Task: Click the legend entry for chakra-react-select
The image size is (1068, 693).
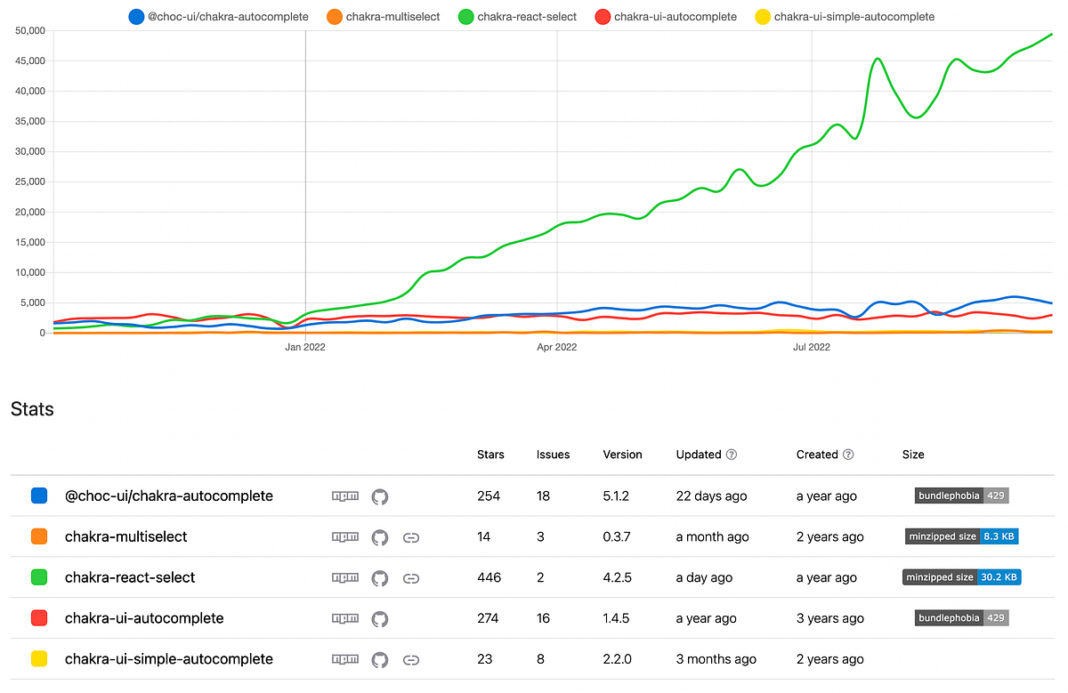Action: click(517, 16)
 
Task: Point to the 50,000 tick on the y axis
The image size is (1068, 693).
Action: click(30, 30)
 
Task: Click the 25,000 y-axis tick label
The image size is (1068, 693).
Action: click(30, 181)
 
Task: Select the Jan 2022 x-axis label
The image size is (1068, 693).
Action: click(305, 347)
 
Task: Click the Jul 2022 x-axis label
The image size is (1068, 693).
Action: click(811, 347)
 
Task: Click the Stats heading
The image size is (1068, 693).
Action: click(32, 409)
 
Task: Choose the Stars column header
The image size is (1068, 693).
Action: click(490, 455)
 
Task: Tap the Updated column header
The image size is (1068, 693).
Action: click(699, 455)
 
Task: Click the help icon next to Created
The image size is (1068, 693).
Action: click(848, 455)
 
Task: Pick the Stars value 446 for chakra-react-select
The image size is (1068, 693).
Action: click(489, 577)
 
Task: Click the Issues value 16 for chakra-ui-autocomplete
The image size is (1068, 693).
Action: click(543, 618)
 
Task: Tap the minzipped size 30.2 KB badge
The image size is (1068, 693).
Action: click(961, 577)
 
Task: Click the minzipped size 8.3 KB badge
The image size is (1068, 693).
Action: click(961, 536)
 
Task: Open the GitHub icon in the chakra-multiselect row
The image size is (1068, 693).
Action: click(380, 537)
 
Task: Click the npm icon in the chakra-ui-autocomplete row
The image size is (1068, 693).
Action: click(345, 618)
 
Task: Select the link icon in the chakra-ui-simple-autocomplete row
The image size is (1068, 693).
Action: click(411, 659)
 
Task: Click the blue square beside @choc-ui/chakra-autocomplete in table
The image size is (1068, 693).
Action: click(39, 496)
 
